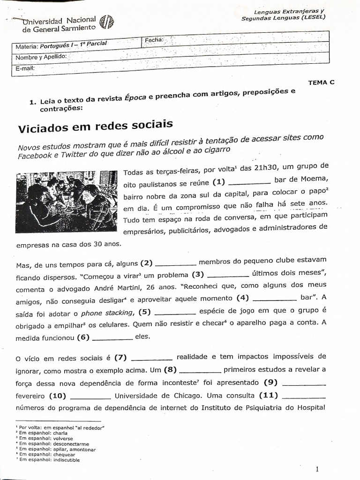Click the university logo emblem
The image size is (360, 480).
tap(107, 22)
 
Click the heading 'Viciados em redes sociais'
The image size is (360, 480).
tap(95, 126)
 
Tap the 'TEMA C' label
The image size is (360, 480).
tap(321, 82)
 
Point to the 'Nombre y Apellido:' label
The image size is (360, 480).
tap(41, 57)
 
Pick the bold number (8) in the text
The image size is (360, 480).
tap(170, 370)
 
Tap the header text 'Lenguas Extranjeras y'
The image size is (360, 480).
tap(289, 12)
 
